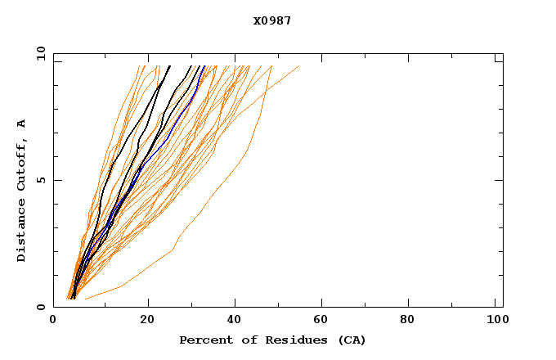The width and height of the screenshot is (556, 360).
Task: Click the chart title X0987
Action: (271, 20)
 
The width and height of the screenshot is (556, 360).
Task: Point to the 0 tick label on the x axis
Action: (53, 320)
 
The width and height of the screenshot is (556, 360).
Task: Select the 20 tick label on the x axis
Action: (147, 320)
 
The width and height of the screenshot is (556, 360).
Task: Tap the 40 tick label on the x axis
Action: (235, 320)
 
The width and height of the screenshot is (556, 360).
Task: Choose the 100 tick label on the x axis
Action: (496, 320)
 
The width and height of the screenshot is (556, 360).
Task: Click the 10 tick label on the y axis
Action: (40, 54)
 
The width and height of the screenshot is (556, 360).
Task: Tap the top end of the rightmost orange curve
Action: (298, 66)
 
